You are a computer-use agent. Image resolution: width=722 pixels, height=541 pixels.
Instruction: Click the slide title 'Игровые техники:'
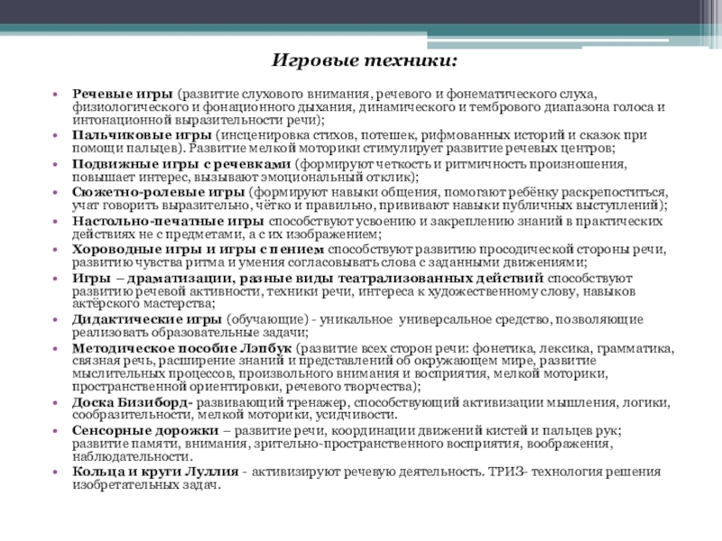[365, 61]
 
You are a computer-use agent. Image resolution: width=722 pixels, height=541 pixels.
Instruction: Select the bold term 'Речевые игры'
[122, 94]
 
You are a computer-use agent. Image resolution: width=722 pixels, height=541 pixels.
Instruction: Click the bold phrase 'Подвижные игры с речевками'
[181, 165]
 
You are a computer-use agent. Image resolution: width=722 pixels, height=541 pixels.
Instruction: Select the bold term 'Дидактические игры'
[147, 319]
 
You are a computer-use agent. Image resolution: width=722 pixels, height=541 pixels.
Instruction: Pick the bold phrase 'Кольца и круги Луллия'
[154, 472]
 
